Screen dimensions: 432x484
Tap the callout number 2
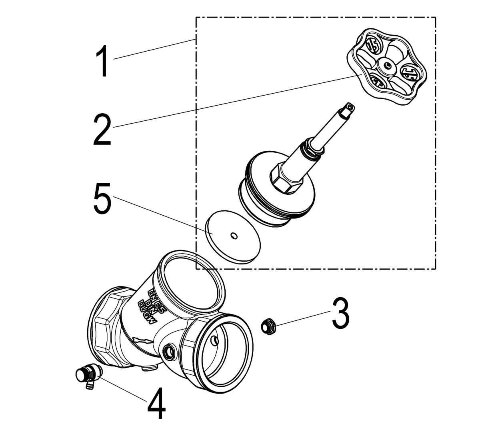click(x=102, y=129)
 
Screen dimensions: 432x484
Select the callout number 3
click(x=340, y=313)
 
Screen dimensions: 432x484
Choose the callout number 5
click(x=102, y=199)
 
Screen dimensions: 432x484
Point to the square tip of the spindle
click(x=349, y=108)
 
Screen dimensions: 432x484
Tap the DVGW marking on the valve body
click(x=147, y=312)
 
